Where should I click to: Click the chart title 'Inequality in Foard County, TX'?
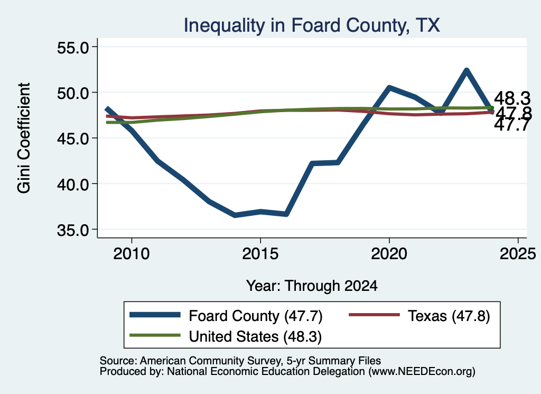[x=312, y=25]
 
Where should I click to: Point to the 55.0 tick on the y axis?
[x=73, y=47]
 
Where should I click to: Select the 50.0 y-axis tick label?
[x=73, y=93]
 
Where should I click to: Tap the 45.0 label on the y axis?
[x=73, y=139]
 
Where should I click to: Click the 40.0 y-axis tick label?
[x=73, y=184]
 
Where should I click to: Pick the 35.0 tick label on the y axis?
[x=73, y=230]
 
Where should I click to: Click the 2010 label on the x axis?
[x=132, y=254]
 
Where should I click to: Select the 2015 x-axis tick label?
[x=260, y=254]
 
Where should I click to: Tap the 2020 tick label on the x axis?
[x=389, y=254]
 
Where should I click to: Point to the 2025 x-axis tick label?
[x=518, y=254]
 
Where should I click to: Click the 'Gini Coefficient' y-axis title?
[x=24, y=138]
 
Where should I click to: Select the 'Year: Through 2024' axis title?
[x=312, y=286]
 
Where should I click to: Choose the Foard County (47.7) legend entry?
[x=226, y=316]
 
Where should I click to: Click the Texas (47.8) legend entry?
[x=419, y=316]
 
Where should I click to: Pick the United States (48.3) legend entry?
[x=226, y=336]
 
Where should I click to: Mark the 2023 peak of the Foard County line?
[x=467, y=71]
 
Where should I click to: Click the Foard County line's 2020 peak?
[x=389, y=88]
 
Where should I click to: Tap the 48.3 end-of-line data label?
[x=512, y=99]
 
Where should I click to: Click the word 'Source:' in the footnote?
[x=119, y=361]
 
